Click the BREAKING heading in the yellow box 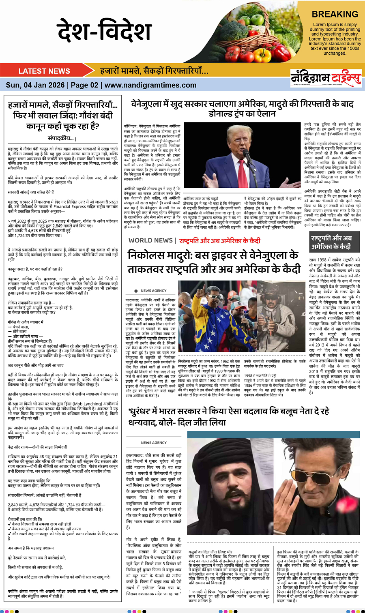click(335, 14)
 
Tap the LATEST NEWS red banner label click(44, 71)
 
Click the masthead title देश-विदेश click(104, 31)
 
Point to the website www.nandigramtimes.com click(150, 85)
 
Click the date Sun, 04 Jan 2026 click(35, 85)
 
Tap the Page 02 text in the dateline click(85, 85)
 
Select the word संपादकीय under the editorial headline click(61, 138)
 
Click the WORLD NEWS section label click(150, 240)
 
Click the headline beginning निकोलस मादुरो click(214, 262)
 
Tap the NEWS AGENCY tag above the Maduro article click(153, 291)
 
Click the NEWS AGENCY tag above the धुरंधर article click(154, 443)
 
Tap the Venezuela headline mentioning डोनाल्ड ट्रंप click(242, 109)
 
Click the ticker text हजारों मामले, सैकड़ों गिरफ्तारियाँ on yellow click(154, 71)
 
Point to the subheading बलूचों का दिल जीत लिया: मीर click(210, 552)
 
